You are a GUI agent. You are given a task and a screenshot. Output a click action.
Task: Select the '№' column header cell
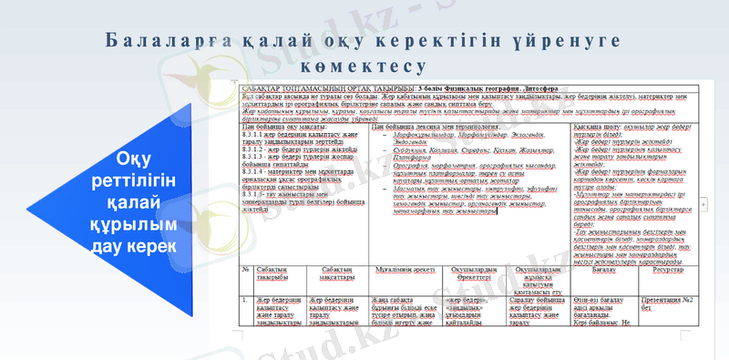tap(246, 270)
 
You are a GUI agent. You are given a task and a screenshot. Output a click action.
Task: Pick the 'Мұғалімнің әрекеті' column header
tap(399, 270)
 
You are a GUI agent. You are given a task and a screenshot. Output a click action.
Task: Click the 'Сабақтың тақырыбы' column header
tap(276, 274)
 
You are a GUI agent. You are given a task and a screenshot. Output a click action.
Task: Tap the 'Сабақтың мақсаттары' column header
tap(336, 274)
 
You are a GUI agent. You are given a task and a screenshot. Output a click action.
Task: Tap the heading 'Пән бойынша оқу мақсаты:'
tap(278, 126)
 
